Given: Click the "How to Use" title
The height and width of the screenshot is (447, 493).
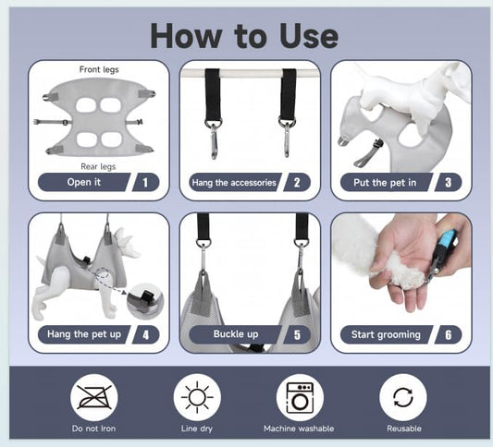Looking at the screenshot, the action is click(x=244, y=36).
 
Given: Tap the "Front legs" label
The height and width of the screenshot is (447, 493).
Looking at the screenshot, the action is click(x=99, y=69).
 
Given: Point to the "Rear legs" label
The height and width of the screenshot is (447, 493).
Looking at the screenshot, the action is click(x=98, y=166).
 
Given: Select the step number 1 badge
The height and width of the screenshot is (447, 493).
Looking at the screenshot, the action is click(x=145, y=182).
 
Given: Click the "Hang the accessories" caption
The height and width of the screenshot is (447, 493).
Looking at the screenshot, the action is click(x=234, y=182).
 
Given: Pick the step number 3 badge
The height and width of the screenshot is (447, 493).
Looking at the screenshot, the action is click(x=448, y=182).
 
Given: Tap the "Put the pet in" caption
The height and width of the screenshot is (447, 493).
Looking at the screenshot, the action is click(x=385, y=182).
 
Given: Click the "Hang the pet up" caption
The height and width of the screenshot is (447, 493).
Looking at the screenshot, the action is click(x=84, y=334).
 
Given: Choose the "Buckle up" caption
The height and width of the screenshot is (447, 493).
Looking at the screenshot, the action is click(x=236, y=334).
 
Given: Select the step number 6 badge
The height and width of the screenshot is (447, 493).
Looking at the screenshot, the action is click(x=448, y=334).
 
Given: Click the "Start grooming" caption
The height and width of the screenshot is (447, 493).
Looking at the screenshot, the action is click(x=386, y=334).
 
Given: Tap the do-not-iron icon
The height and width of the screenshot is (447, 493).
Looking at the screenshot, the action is click(x=94, y=397).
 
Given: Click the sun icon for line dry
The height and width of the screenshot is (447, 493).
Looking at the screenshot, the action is click(x=197, y=397).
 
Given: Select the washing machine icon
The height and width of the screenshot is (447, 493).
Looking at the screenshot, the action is click(x=300, y=397).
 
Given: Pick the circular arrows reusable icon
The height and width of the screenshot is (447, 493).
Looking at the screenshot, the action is click(x=403, y=397).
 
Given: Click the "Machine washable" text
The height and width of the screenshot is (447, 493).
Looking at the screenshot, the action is click(x=299, y=429).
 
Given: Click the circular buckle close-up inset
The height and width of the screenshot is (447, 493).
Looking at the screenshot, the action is click(x=145, y=301).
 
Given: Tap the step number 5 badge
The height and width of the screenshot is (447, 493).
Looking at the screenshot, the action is click(x=297, y=334).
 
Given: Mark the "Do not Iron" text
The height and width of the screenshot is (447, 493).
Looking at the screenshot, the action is click(x=93, y=429).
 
